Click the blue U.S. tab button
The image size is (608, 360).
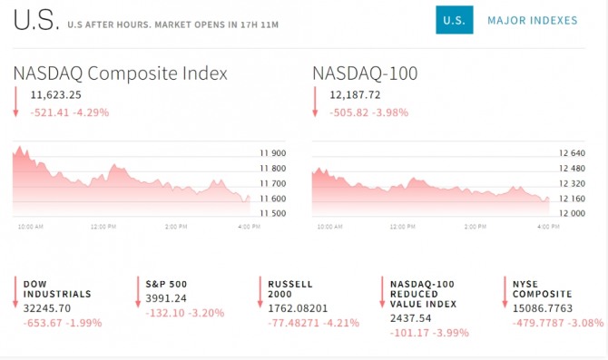tap(454, 20)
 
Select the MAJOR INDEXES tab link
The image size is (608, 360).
tap(533, 20)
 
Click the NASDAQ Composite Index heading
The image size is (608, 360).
tap(120, 73)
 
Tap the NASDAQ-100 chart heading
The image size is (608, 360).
tap(365, 73)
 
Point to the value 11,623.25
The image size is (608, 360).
tap(56, 95)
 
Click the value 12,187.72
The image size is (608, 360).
tap(355, 95)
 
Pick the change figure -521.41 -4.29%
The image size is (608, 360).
tap(70, 112)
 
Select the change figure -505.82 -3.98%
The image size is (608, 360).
tap(369, 112)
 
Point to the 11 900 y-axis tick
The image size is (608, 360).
tap(273, 153)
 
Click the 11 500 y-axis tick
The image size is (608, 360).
tap(273, 213)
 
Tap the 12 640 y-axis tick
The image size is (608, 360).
tap(572, 153)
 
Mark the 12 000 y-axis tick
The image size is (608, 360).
tap(572, 213)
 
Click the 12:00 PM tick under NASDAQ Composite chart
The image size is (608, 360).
tap(103, 227)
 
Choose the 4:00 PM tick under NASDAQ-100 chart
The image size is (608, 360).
tap(548, 227)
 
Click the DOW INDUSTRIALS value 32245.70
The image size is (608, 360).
tap(47, 308)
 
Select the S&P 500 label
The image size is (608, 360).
tap(166, 285)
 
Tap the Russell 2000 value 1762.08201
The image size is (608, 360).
tap(298, 308)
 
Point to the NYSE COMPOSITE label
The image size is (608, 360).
tap(543, 289)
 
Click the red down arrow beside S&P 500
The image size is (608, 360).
tap(138, 292)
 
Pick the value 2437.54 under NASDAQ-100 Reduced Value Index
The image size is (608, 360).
tap(411, 318)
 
